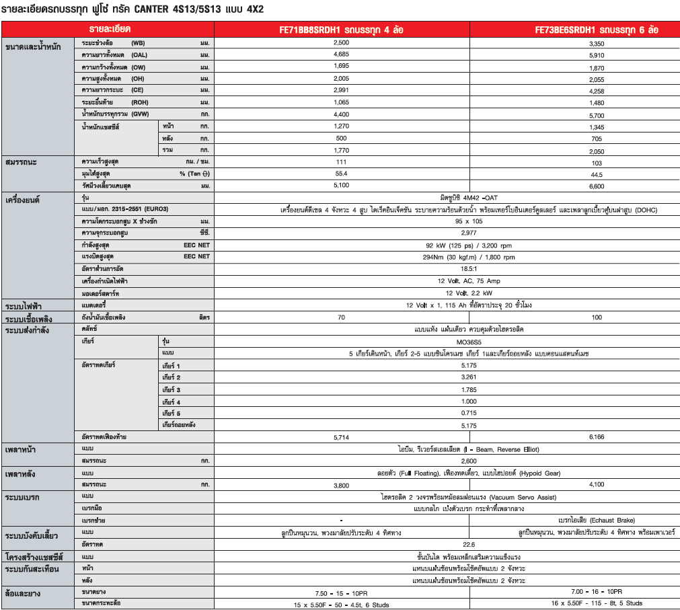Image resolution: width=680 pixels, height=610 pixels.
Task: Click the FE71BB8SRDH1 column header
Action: pos(342,30)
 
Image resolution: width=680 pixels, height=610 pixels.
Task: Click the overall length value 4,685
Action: pos(341,54)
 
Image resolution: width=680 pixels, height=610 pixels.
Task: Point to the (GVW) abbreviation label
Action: pos(141,114)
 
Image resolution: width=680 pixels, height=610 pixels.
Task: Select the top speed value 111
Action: pos(341,162)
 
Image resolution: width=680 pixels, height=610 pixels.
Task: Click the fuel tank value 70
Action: pos(341,317)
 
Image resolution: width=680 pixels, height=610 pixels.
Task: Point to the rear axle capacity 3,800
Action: pos(341,485)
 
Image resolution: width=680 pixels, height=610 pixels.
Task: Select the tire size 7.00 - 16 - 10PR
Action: pos(596,592)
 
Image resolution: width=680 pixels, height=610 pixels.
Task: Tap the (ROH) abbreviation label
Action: pos(141,102)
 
